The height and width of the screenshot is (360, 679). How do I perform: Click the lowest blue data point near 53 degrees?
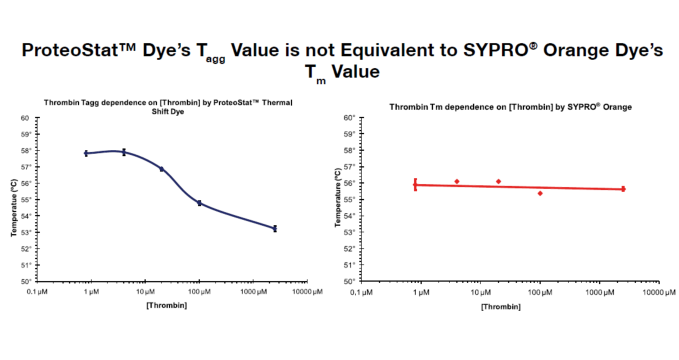point(274,229)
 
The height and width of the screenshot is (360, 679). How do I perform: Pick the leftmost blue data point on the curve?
point(86,153)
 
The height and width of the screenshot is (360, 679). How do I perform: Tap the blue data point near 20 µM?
point(161,169)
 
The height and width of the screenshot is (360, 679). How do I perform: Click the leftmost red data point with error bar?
point(415,184)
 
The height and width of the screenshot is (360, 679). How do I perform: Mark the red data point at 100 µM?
point(540,193)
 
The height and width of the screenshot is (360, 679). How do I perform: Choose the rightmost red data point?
point(623,189)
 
